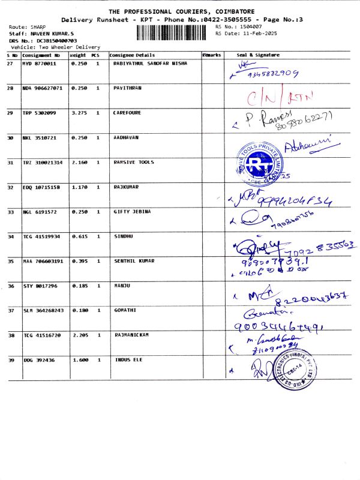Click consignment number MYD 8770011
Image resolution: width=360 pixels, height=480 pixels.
(40, 63)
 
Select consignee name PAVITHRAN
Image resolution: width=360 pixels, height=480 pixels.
(127, 88)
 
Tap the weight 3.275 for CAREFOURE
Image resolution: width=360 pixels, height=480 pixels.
(80, 112)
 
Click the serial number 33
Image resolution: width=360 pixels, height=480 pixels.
(10, 212)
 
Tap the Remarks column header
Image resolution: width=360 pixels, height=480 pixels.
(212, 55)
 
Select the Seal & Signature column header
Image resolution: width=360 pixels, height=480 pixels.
(263, 55)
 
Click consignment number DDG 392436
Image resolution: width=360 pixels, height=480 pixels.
(38, 359)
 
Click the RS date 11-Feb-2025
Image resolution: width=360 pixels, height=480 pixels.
(246, 34)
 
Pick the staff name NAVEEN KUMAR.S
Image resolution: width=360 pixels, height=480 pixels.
(52, 34)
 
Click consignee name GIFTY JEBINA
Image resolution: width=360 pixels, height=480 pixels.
(132, 212)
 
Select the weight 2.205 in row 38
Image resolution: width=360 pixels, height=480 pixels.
(80, 334)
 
